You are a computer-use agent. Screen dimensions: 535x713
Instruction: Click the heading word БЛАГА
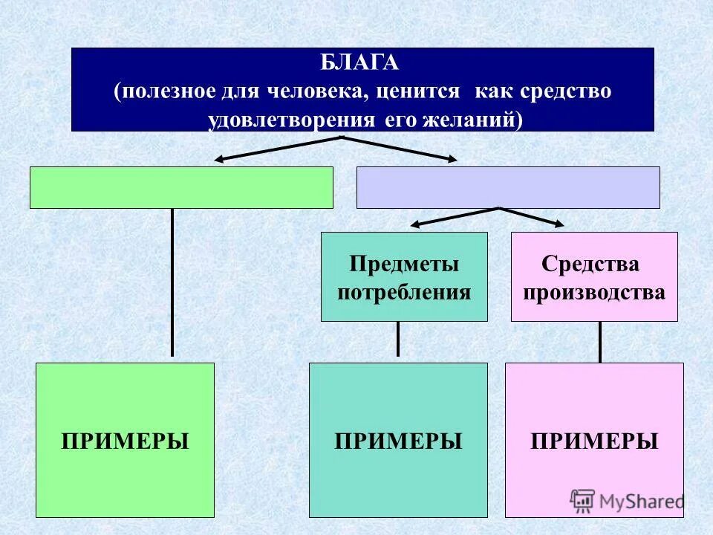360,64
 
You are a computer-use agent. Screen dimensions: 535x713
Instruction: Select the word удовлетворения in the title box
292,120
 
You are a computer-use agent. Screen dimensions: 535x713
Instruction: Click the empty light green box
181,187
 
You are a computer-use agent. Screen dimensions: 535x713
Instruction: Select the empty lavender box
508,187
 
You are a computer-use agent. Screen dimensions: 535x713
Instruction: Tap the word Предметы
404,264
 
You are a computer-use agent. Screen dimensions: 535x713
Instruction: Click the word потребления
404,291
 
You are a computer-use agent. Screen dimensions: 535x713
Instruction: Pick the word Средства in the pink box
590,264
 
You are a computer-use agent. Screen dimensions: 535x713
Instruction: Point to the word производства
594,291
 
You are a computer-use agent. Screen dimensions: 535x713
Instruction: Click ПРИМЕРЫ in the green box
125,441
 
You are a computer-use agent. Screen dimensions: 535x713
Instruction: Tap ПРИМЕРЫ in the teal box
398,441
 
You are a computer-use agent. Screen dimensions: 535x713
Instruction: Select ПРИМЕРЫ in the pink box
594,441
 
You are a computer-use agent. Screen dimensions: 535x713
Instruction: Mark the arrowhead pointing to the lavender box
452,158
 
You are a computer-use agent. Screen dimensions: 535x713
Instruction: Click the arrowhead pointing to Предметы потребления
417,224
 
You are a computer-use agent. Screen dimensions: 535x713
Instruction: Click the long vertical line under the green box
172,282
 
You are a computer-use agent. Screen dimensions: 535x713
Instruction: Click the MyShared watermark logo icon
583,500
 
